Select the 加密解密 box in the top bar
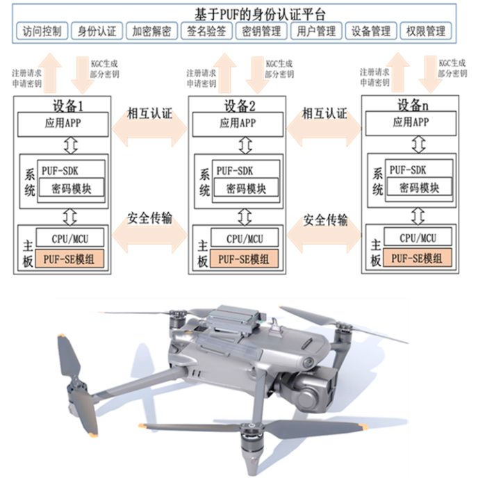pyautogui.click(x=151, y=31)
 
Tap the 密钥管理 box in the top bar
pyautogui.click(x=261, y=31)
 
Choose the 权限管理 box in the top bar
pyautogui.click(x=426, y=31)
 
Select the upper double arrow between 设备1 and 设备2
pyautogui.click(x=150, y=126)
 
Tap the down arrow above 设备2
pyautogui.click(x=257, y=74)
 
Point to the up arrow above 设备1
pyautogui.click(x=49, y=72)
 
